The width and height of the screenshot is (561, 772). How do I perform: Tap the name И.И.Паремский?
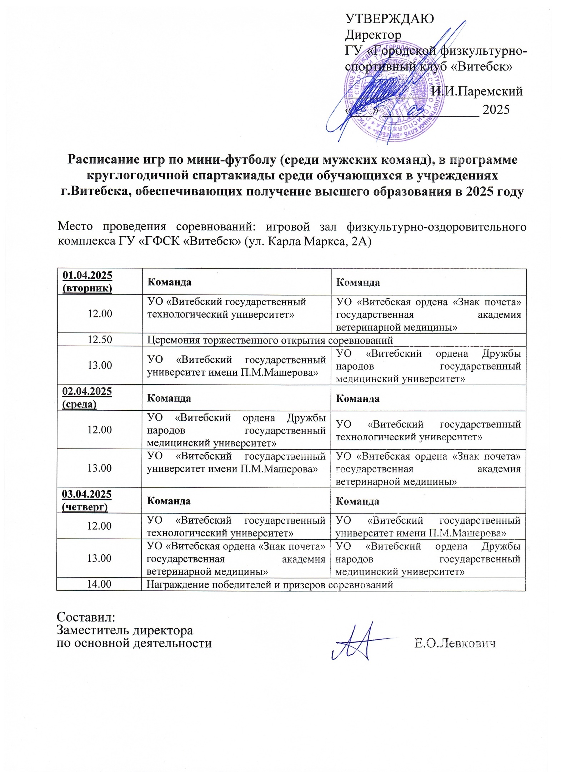point(477,91)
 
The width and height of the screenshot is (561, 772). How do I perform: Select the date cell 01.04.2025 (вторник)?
point(87,282)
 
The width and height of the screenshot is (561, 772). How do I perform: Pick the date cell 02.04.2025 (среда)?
point(87,397)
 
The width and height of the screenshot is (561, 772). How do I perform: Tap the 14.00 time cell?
point(99,584)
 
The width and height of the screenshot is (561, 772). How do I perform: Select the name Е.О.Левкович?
point(455,643)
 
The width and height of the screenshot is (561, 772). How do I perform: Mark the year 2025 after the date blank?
point(496,109)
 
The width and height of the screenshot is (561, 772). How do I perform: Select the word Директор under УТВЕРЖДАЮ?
point(373,35)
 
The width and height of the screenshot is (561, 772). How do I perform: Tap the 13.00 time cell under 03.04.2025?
point(99,558)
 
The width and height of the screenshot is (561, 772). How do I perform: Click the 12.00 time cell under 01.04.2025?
point(100,314)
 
